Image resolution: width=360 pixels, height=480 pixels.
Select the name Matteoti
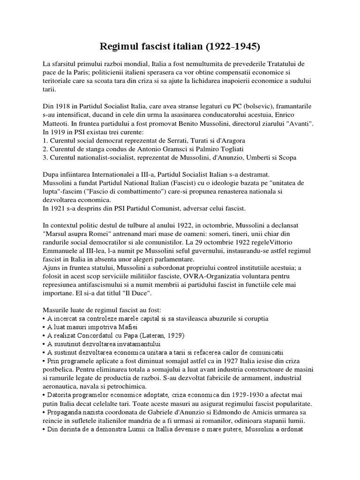(x=56, y=123)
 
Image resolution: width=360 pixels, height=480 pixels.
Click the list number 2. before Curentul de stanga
(x=45, y=149)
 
